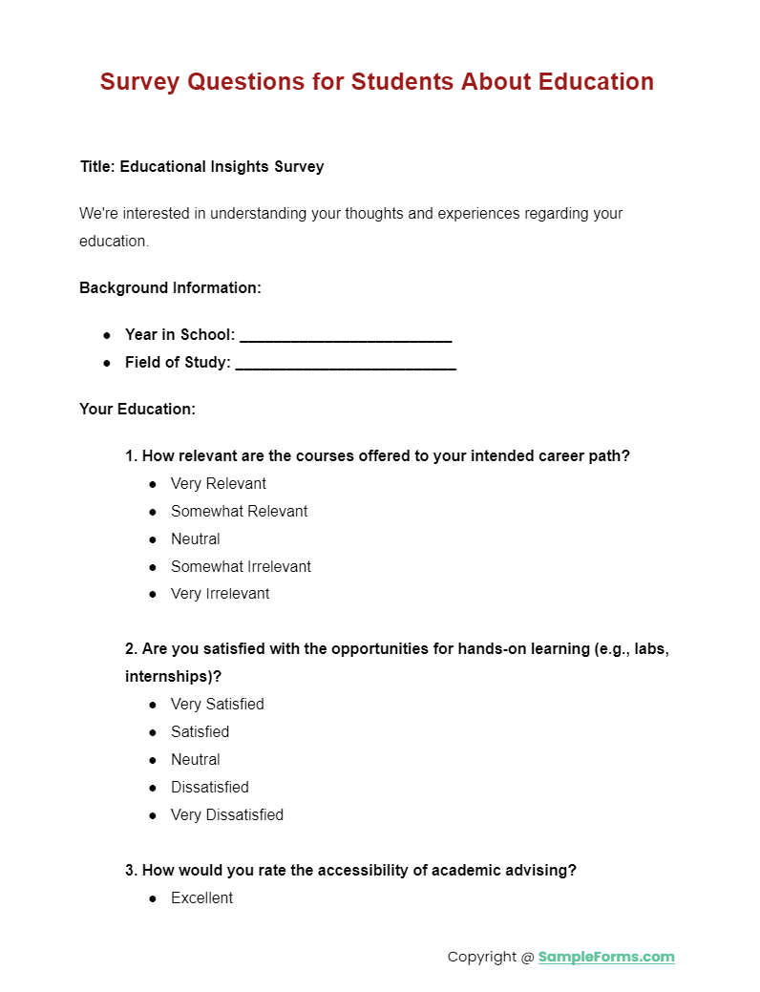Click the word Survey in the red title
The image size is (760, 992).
(139, 82)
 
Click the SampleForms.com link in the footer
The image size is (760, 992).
(606, 957)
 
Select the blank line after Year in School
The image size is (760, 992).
(345, 336)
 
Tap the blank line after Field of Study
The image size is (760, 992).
(345, 364)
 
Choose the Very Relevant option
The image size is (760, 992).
(218, 484)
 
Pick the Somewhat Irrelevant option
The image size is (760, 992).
(241, 567)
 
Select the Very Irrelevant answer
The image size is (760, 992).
(220, 594)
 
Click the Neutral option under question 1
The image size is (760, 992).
(195, 539)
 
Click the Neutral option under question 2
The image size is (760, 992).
(195, 760)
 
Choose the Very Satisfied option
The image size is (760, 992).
(217, 705)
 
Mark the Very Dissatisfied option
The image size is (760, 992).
(226, 815)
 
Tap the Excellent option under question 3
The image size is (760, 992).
(201, 898)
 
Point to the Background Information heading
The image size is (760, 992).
(170, 287)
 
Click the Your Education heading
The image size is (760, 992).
(137, 410)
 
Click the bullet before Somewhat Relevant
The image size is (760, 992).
(153, 512)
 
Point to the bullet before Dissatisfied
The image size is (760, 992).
(153, 788)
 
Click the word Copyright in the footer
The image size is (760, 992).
(482, 957)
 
